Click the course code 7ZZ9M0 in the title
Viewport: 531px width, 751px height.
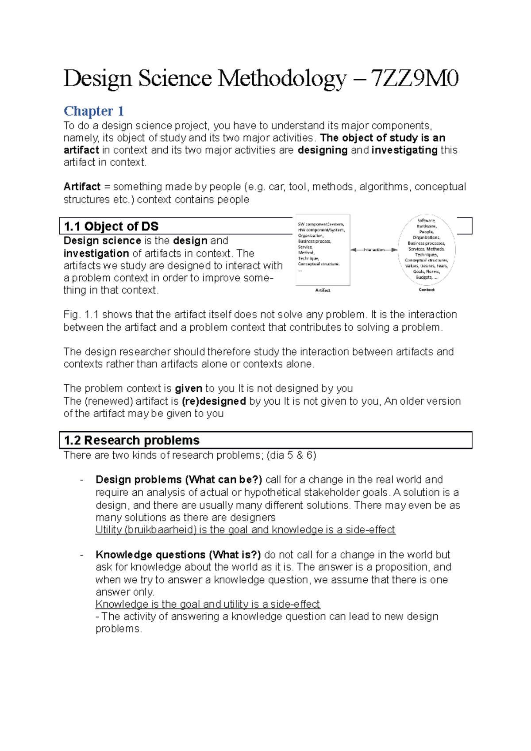(414, 79)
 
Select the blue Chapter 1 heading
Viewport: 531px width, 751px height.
(93, 111)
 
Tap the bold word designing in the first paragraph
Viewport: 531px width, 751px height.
(323, 150)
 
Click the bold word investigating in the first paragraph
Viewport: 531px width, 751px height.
(404, 150)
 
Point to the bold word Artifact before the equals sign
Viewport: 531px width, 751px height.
(82, 187)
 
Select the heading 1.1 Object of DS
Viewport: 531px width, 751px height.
(111, 226)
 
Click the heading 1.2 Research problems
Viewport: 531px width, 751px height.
(131, 441)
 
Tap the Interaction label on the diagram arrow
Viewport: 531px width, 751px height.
(374, 250)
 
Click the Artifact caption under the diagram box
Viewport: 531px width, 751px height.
(323, 290)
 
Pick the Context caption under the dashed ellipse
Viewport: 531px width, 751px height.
(427, 290)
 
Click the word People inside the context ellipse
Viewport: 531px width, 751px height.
(427, 232)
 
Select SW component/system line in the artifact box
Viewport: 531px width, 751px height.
(320, 224)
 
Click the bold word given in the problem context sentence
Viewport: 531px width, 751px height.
(189, 389)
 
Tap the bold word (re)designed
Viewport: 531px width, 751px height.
(214, 401)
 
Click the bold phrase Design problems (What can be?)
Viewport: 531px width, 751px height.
(179, 480)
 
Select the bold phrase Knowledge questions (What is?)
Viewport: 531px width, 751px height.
(178, 555)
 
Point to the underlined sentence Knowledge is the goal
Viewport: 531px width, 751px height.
(208, 604)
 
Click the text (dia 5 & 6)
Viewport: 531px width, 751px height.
(292, 455)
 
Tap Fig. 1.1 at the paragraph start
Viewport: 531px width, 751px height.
(81, 314)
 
